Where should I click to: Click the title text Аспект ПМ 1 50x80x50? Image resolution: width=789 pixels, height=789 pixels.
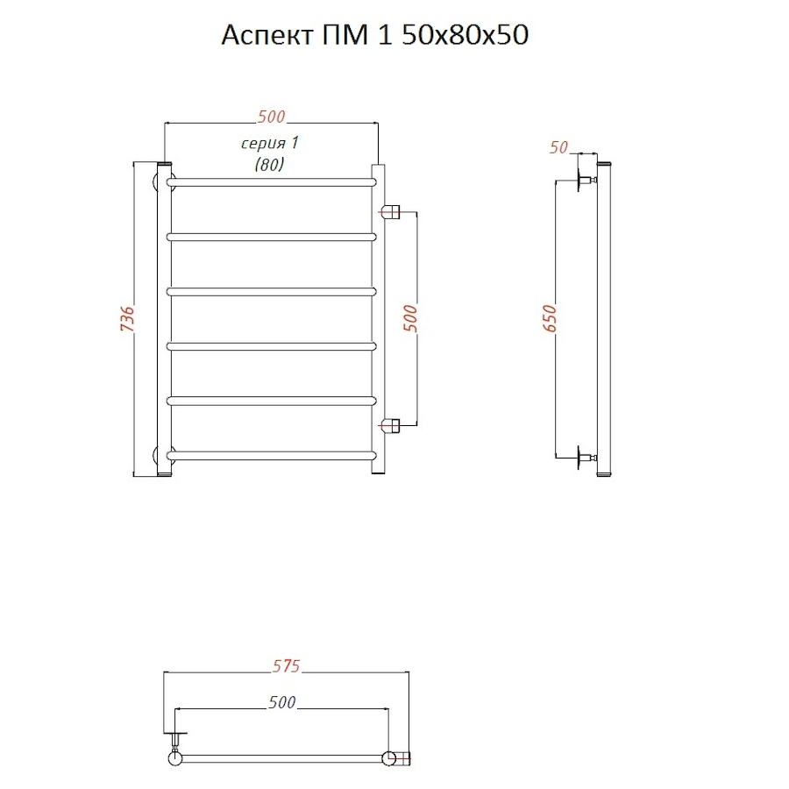point(375,36)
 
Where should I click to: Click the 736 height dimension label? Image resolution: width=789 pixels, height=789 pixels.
point(128,318)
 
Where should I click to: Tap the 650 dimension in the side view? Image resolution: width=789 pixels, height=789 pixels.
point(551,318)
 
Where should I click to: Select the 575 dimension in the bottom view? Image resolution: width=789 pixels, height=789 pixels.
point(287,665)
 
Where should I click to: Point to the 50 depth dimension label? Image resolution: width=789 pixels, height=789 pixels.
point(558,147)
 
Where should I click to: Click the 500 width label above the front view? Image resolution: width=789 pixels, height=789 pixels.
point(271,117)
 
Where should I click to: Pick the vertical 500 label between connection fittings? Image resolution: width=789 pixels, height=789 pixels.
point(410,318)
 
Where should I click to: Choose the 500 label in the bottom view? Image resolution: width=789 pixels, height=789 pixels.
point(281,702)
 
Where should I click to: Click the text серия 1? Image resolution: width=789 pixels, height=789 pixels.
point(270,144)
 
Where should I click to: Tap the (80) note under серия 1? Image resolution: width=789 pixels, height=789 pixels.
point(270,164)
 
